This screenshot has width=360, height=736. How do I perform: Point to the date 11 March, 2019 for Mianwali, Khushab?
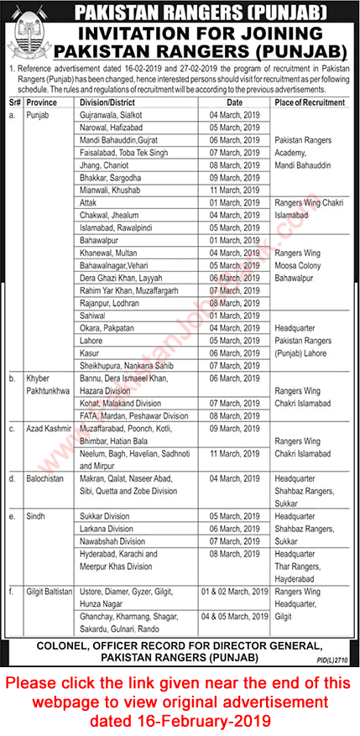(232, 191)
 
